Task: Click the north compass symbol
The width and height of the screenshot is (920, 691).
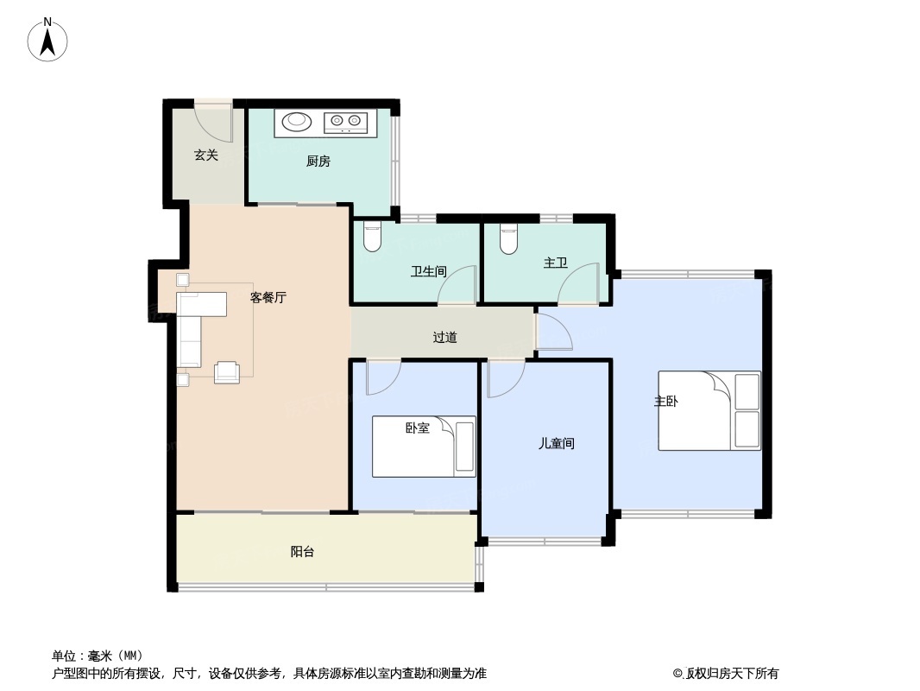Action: pyautogui.click(x=48, y=40)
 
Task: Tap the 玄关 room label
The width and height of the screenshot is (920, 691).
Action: pyautogui.click(x=205, y=155)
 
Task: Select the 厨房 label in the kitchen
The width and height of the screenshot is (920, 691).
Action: pyautogui.click(x=318, y=161)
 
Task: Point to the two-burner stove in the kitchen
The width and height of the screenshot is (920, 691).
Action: pyautogui.click(x=345, y=123)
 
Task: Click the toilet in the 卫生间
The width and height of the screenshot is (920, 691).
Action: pyautogui.click(x=372, y=237)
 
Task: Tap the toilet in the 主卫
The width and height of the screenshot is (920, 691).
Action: pyautogui.click(x=508, y=238)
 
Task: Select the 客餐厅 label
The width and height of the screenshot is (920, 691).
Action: pyautogui.click(x=268, y=298)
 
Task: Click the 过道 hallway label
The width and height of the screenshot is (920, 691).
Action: pyautogui.click(x=444, y=337)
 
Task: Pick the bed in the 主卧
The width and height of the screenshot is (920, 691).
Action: pyautogui.click(x=709, y=410)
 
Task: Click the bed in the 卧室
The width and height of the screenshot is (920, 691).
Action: pyautogui.click(x=424, y=447)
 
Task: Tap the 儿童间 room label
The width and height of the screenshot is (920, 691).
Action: pyautogui.click(x=556, y=444)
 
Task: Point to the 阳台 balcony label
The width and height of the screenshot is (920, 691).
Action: pyautogui.click(x=302, y=552)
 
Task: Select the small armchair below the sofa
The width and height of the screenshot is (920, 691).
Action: pyautogui.click(x=227, y=371)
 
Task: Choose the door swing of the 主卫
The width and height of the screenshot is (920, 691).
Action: pyautogui.click(x=578, y=285)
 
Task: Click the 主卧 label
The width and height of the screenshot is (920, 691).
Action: pyautogui.click(x=665, y=402)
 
